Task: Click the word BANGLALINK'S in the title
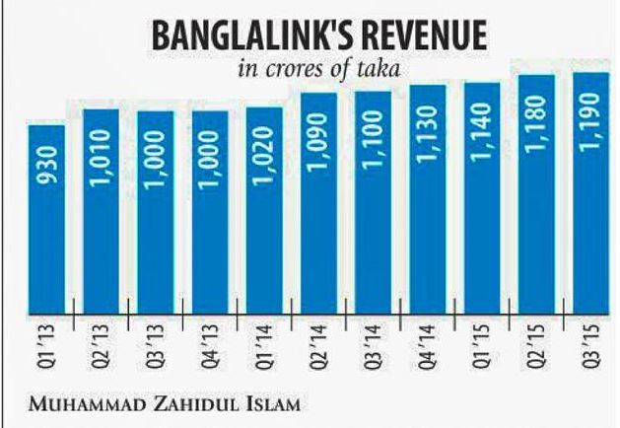click(228, 37)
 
